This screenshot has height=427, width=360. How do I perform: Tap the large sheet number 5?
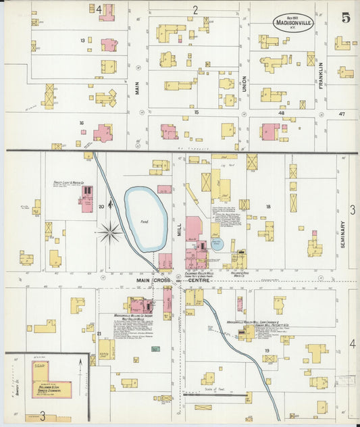click(346, 18)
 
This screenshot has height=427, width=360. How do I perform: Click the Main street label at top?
click(136, 88)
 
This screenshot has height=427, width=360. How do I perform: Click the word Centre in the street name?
click(199, 280)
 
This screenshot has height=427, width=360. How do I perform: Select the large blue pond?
click(145, 218)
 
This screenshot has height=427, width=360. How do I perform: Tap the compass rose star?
click(109, 233)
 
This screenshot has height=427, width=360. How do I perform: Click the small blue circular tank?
click(215, 243)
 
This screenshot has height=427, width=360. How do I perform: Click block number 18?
click(267, 207)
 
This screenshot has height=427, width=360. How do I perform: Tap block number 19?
click(267, 350)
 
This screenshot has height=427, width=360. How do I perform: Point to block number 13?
click(82, 41)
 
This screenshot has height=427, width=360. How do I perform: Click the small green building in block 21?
click(155, 349)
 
